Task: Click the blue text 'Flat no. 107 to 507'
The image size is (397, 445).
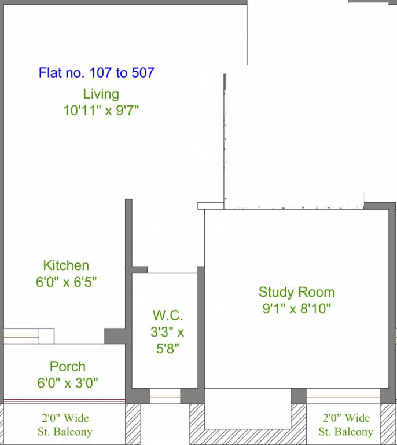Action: point(96,72)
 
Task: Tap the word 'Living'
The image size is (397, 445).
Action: point(101,94)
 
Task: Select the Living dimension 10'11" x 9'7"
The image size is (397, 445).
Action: point(101,111)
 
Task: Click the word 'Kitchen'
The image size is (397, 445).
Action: point(66,265)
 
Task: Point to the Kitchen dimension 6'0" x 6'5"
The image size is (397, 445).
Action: point(67,282)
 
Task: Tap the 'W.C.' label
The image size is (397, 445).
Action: point(168,315)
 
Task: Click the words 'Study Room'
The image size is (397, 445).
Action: point(297,292)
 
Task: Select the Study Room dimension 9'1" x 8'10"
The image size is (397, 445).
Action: point(297,308)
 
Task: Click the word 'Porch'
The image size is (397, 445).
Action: point(68,366)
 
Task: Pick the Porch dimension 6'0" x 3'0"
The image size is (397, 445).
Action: point(68,383)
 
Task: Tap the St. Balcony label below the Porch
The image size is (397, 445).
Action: point(65,425)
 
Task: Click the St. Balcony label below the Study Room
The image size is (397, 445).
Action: point(345,425)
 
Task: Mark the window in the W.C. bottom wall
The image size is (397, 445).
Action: point(165,396)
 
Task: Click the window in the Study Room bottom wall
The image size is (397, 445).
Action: point(343,396)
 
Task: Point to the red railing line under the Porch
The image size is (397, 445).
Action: point(64,401)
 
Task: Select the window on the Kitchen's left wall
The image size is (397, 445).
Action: point(28,336)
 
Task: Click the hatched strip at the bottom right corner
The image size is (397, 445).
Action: point(388,424)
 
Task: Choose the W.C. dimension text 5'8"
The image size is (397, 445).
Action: point(168,349)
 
